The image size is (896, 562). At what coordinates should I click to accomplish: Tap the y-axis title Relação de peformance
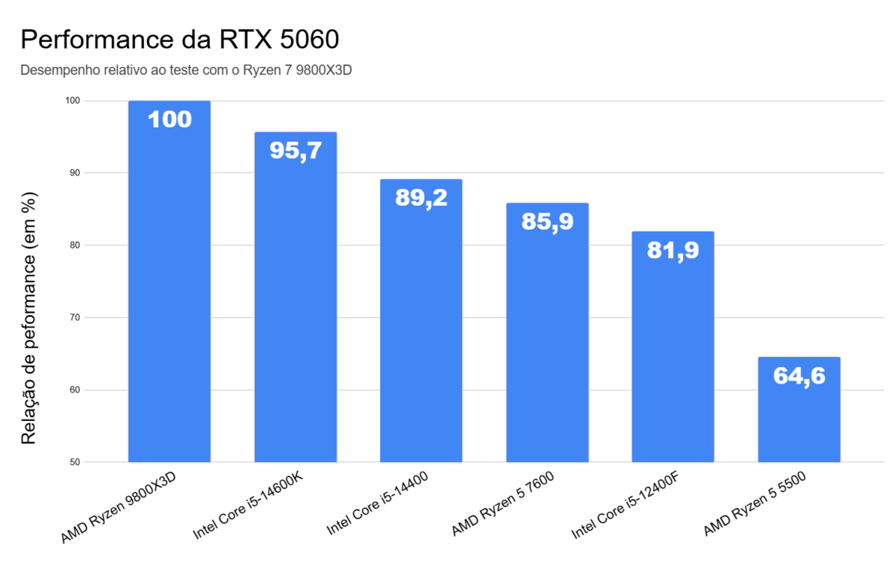[x=28, y=319]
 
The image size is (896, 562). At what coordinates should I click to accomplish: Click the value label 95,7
[x=295, y=151]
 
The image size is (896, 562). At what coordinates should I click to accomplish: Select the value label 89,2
[x=421, y=198]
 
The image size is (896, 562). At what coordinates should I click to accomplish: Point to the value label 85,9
[x=547, y=222]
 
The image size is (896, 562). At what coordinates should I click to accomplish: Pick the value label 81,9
[x=673, y=251]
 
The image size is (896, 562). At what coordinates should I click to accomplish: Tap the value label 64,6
[x=799, y=376]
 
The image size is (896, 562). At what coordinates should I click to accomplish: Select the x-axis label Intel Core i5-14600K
[x=248, y=508]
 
